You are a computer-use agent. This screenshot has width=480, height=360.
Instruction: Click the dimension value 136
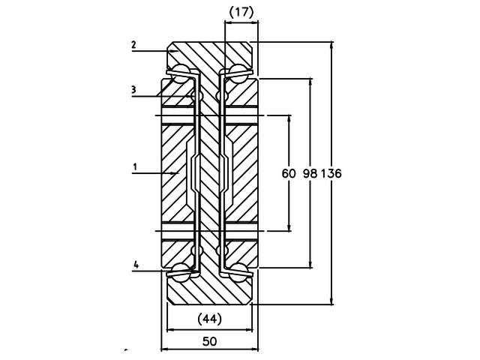[331, 173]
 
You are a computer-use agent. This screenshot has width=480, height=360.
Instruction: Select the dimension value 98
[310, 173]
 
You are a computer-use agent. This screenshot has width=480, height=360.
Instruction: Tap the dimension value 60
[289, 173]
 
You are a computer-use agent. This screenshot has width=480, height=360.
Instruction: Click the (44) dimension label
[209, 319]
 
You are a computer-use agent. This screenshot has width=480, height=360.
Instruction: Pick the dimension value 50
[209, 341]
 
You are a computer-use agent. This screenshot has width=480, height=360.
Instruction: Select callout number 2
[133, 45]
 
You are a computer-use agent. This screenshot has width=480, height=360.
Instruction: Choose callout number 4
[136, 265]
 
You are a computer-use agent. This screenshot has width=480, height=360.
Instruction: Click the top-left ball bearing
[181, 73]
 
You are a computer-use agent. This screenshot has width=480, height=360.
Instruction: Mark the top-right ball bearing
[238, 73]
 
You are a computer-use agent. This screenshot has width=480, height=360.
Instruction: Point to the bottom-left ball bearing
[181, 271]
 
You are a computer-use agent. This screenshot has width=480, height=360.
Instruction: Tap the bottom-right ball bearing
[238, 271]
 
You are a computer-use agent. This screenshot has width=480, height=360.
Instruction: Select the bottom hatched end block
[210, 289]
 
